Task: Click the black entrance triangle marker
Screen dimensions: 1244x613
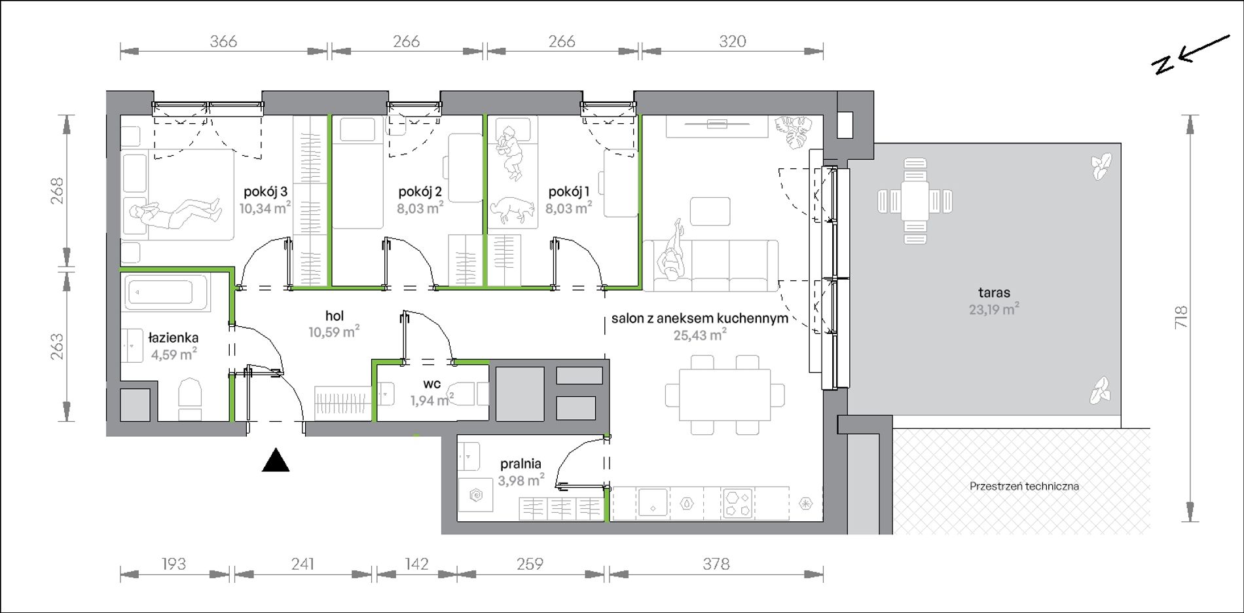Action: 276,460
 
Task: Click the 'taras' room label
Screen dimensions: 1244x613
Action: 994,293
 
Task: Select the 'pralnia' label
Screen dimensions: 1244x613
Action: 521,464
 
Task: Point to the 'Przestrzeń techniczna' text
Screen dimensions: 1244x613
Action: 1024,486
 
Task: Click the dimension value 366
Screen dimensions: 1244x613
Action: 223,41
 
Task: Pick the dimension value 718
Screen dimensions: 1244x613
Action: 1180,318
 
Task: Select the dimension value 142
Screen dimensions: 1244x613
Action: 416,563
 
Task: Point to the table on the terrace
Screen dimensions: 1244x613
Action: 915,200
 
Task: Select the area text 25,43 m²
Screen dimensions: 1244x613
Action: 700,335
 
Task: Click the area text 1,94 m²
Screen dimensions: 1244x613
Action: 432,399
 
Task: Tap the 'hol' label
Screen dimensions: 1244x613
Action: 335,316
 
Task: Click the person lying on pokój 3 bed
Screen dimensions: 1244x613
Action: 175,212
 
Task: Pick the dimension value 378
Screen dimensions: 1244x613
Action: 716,563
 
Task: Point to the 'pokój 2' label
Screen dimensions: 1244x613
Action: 420,192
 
